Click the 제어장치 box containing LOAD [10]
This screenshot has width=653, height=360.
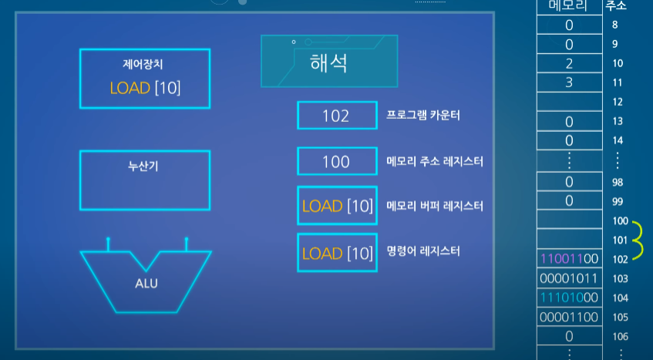[145, 79]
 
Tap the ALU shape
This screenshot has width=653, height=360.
[146, 281]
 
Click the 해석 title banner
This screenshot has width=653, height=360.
[329, 61]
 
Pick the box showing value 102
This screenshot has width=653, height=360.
[336, 116]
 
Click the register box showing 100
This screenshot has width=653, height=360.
[336, 161]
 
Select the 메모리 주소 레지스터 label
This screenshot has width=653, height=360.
[434, 161]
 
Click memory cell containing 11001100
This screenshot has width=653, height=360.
[569, 258]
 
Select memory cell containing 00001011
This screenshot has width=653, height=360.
[569, 278]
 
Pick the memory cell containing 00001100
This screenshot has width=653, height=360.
[569, 317]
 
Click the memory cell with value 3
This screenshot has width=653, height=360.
[569, 82]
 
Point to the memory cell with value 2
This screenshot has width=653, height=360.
[569, 63]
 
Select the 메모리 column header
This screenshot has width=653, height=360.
[569, 6]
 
